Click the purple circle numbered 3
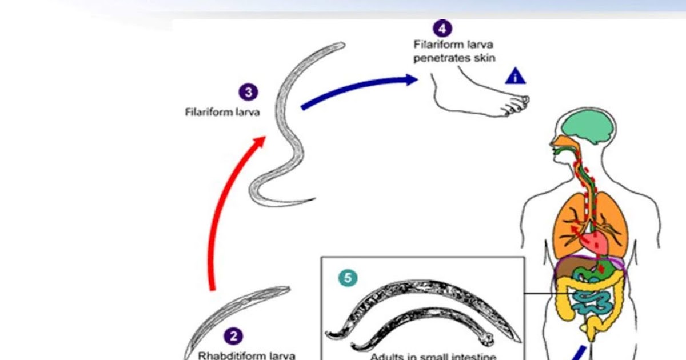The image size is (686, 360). (248, 93)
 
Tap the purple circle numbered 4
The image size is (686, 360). (442, 28)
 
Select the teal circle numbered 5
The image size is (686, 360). (348, 278)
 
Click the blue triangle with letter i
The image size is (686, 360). (515, 76)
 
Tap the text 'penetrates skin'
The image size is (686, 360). (454, 58)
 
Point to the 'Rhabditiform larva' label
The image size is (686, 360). (246, 355)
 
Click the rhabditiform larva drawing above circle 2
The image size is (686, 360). (240, 311)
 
